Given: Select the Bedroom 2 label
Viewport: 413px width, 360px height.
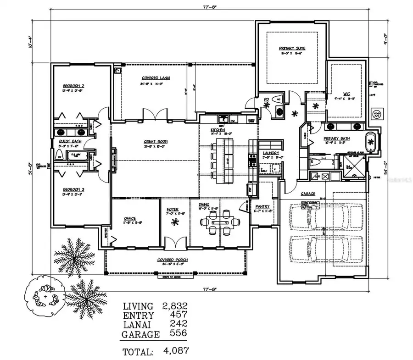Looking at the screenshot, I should [x=73, y=86].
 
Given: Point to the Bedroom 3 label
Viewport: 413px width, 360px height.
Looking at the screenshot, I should [x=73, y=189].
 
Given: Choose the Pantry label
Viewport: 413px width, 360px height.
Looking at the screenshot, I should [x=263, y=206].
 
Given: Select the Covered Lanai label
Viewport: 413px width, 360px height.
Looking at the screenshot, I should [x=156, y=78].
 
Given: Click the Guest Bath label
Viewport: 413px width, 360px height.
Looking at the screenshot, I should [x=70, y=142].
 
